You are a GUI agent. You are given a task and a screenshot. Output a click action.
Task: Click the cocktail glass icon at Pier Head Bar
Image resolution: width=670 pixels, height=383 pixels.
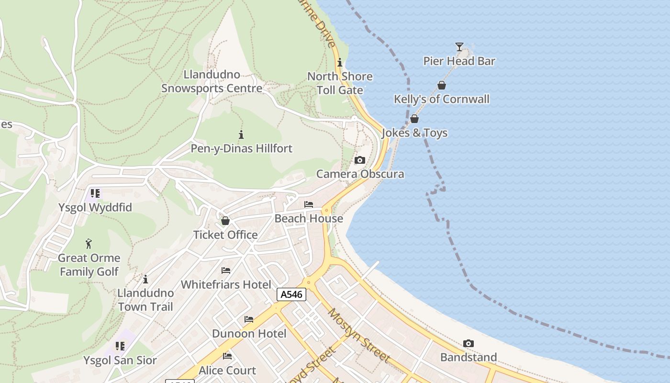click(459, 46)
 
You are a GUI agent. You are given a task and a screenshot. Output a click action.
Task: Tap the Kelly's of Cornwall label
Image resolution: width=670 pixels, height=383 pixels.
click(441, 99)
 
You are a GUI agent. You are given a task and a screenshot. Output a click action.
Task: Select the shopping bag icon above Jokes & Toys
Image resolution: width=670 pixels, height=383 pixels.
click(414, 119)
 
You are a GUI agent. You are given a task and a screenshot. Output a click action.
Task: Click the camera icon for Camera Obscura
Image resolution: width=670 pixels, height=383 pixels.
click(360, 160)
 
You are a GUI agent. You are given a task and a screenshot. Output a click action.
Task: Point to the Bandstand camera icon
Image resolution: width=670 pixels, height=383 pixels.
click(469, 343)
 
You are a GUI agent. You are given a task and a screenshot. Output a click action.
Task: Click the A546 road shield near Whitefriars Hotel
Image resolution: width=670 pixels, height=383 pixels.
click(291, 294)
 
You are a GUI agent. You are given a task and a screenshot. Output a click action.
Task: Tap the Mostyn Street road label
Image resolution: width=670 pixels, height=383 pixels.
click(359, 335)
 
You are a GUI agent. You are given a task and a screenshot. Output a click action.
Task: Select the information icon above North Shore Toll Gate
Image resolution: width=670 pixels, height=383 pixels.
click(340, 62)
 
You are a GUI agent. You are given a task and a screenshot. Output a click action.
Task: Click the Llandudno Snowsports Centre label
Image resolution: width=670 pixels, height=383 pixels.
click(212, 81)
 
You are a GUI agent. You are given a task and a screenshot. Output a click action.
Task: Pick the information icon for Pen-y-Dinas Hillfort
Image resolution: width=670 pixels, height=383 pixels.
click(241, 135)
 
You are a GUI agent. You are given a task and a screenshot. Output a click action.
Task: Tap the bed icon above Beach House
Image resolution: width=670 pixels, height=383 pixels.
click(309, 204)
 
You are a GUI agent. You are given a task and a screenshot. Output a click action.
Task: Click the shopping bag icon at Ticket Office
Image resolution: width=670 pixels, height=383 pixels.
click(225, 221)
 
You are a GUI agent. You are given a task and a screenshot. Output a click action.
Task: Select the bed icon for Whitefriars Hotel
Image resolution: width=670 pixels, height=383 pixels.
click(226, 270)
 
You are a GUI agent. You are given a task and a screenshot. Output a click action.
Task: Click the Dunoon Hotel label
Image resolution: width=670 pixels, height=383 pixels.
click(249, 334)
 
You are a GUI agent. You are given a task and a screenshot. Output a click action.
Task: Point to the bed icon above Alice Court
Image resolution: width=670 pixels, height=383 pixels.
click(227, 356)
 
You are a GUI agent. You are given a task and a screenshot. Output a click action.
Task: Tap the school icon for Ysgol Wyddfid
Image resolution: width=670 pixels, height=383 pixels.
click(95, 193)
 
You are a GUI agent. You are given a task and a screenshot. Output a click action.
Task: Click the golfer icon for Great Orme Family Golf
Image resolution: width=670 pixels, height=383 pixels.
click(89, 244)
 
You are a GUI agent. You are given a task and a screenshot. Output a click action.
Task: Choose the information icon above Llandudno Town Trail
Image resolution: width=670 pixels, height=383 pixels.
click(145, 279)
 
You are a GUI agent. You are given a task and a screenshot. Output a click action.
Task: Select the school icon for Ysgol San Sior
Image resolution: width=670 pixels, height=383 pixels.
click(120, 346)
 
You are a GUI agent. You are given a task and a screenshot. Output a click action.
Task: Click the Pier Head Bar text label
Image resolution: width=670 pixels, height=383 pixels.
click(459, 61)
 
